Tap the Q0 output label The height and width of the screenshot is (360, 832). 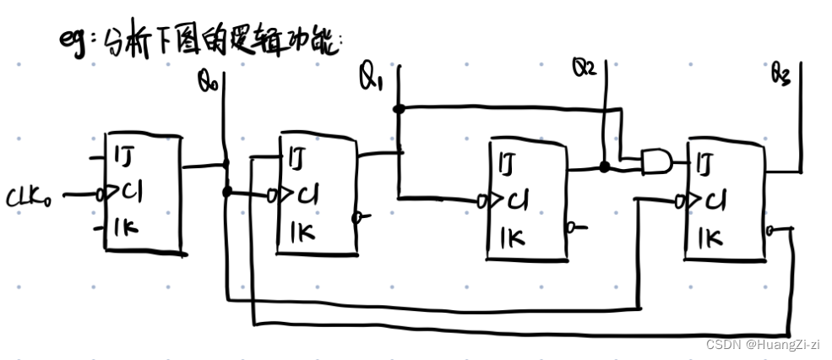pyautogui.click(x=207, y=81)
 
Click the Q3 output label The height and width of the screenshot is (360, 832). pyautogui.click(x=780, y=77)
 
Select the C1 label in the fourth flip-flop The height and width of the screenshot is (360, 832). pyautogui.click(x=715, y=201)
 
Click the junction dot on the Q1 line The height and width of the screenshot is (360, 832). pyautogui.click(x=400, y=109)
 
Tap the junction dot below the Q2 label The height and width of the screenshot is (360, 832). pyautogui.click(x=603, y=167)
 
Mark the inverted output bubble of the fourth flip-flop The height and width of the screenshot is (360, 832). pyautogui.click(x=771, y=229)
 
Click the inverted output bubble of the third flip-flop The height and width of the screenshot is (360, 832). pyautogui.click(x=572, y=226)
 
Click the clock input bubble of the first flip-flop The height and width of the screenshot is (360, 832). pyautogui.click(x=100, y=194)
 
